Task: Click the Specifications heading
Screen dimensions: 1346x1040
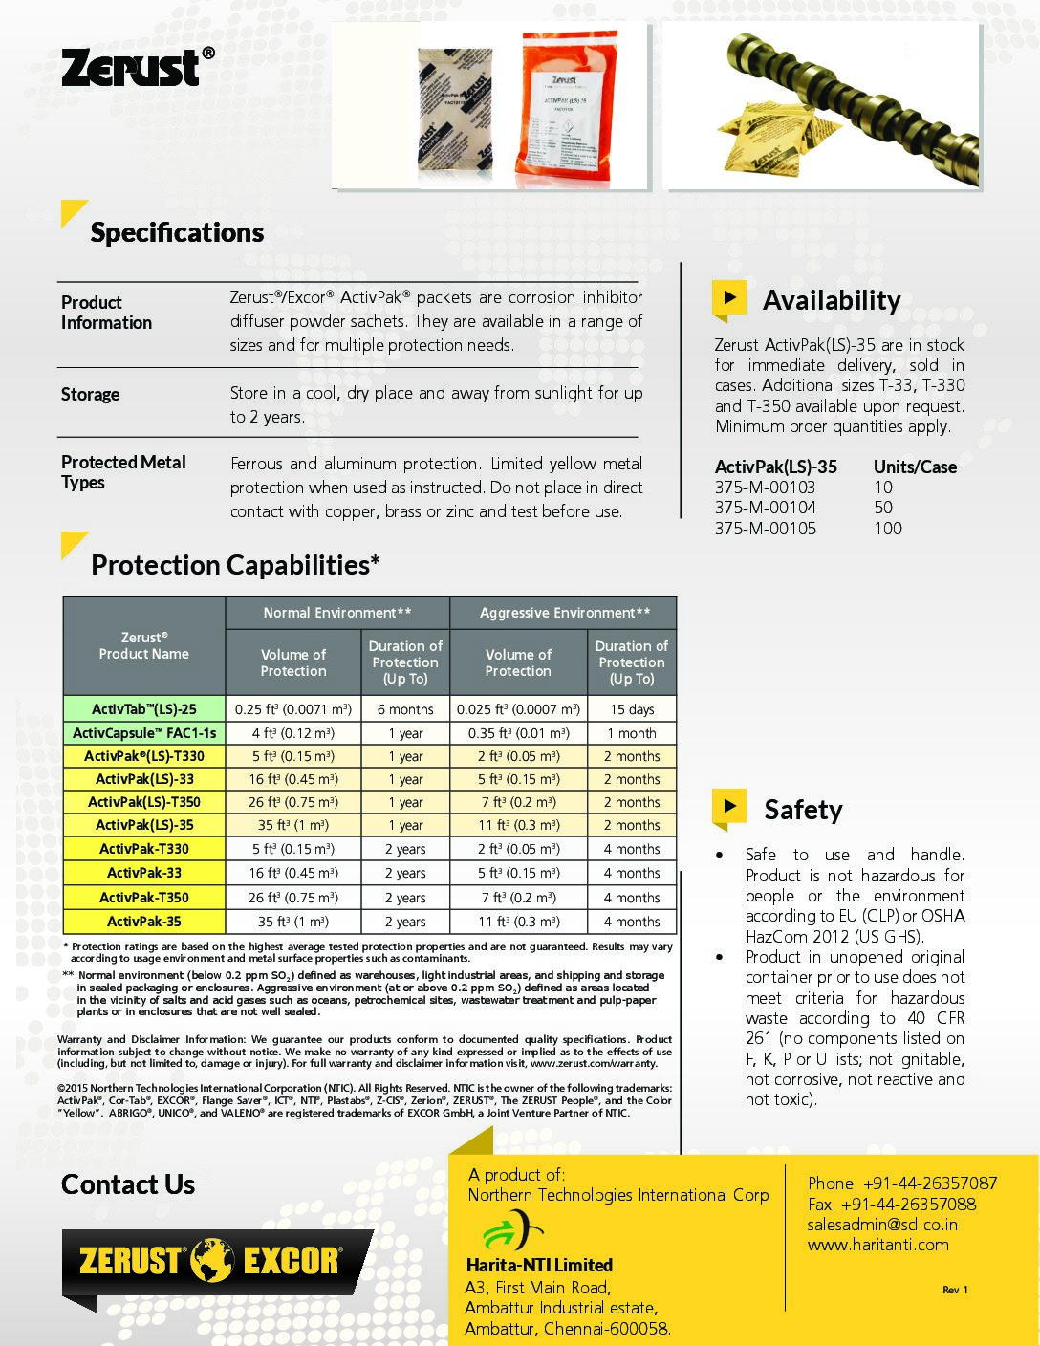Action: [x=177, y=232]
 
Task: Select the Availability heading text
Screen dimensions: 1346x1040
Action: [x=832, y=300]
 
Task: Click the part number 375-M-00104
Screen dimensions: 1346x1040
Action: [x=766, y=508]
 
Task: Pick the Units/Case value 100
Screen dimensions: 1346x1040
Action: [x=887, y=529]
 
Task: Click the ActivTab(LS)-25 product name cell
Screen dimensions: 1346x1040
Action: [x=144, y=709]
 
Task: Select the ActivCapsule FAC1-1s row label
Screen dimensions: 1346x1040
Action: [x=144, y=733]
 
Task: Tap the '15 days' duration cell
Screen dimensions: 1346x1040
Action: [x=632, y=709]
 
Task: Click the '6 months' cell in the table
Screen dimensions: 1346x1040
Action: [x=405, y=709]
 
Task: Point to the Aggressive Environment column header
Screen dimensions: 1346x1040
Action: [x=564, y=613]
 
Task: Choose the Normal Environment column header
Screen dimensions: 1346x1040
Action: [x=337, y=613]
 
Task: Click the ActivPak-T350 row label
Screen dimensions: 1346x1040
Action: [x=144, y=898]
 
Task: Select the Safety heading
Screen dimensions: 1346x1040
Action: [x=803, y=810]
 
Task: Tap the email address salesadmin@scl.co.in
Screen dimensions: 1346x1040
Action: [x=882, y=1225]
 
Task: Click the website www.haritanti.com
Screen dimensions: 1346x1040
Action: [x=877, y=1245]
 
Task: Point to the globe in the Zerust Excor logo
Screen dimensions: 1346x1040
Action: [x=212, y=1260]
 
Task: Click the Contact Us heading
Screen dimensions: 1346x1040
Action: [x=128, y=1184]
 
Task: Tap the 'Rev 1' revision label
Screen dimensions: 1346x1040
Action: [x=955, y=1290]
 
